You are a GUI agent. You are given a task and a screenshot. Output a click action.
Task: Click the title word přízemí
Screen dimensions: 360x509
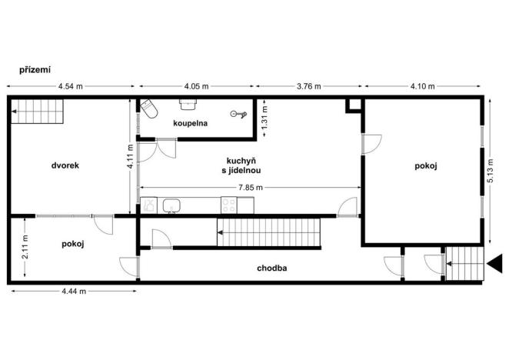tap(35, 69)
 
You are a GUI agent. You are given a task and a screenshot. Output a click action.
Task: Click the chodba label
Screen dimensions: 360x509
tap(273, 269)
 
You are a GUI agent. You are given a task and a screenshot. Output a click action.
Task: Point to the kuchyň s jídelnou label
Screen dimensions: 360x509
tap(241, 166)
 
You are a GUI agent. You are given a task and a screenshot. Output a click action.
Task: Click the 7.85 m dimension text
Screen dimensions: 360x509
tap(248, 188)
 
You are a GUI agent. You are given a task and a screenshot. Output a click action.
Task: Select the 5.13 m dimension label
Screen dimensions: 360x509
tap(493, 165)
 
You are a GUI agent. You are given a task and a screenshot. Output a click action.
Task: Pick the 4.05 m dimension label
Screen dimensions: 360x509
tap(196, 86)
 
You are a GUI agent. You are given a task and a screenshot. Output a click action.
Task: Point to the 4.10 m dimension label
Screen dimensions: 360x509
tap(422, 86)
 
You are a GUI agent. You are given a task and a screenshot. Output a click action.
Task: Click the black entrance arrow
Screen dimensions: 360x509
tap(496, 263)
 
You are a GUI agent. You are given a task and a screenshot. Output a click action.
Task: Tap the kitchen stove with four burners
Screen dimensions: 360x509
tap(228, 205)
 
